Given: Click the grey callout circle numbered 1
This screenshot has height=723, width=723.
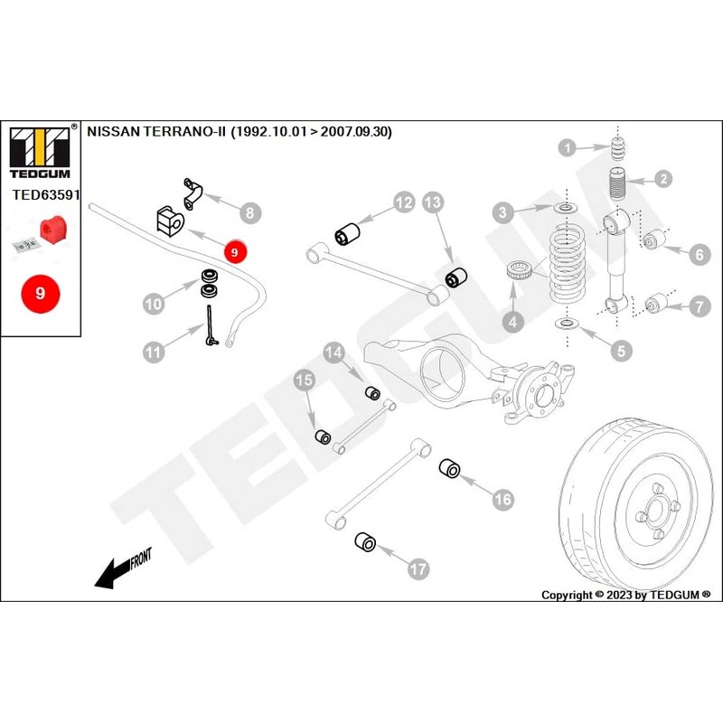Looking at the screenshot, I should [x=566, y=147].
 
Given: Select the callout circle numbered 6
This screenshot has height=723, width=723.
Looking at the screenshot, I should [x=698, y=256].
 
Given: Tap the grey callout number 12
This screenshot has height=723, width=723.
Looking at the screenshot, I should [x=402, y=202].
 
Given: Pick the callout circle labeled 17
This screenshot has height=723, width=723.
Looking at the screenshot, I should [x=418, y=568].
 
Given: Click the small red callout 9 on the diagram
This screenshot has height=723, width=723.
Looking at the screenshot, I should [x=234, y=252].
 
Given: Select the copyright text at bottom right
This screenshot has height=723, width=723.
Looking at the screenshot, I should [x=625, y=595].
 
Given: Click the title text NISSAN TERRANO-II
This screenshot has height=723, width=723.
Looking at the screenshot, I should [x=157, y=131].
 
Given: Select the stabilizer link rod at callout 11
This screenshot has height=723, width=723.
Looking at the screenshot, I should [x=210, y=324].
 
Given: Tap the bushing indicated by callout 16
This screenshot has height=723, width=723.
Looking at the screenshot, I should [x=449, y=469].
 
